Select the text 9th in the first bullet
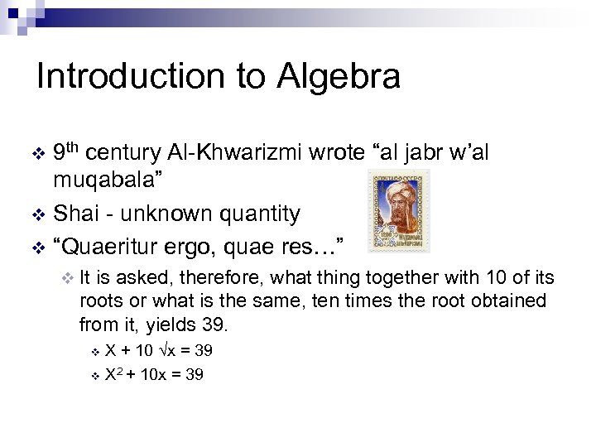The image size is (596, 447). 66,152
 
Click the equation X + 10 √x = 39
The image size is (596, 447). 159,350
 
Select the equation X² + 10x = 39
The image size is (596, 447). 154,374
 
